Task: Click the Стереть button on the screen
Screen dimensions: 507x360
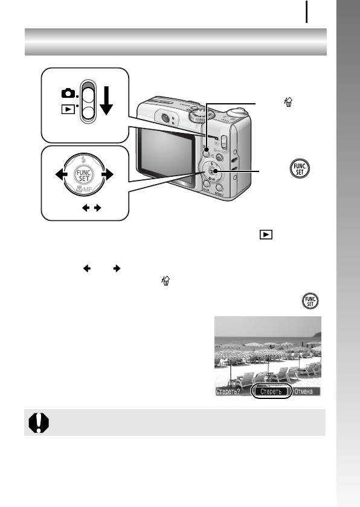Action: (x=271, y=391)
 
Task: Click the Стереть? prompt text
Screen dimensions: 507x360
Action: (x=230, y=391)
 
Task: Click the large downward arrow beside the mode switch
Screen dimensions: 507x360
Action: (x=106, y=100)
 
